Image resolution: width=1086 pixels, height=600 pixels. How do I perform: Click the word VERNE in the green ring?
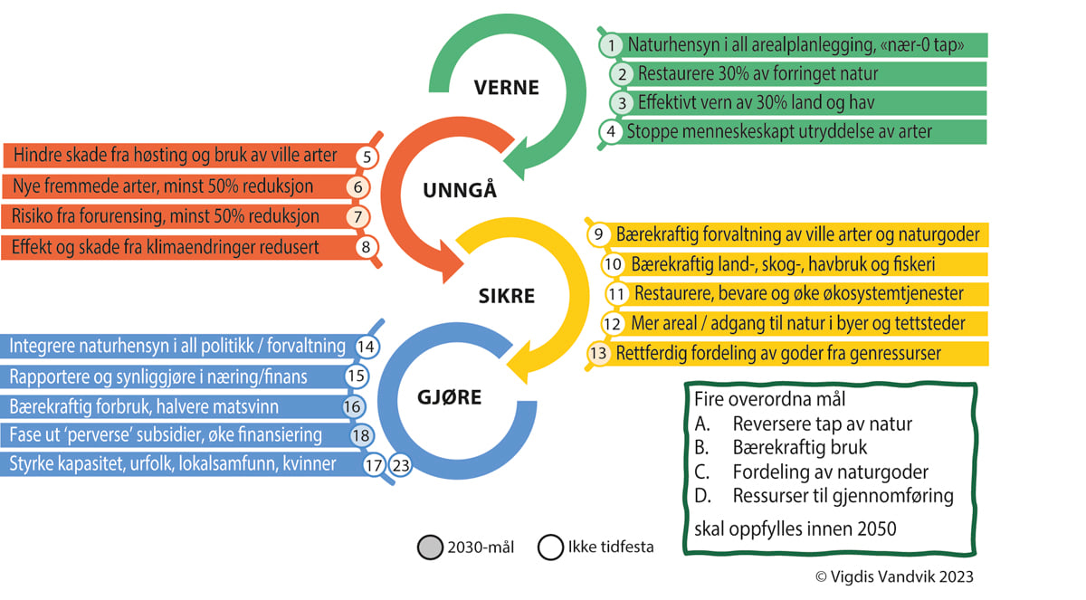coord(506,88)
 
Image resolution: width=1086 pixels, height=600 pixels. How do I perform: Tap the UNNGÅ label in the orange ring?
coord(460,191)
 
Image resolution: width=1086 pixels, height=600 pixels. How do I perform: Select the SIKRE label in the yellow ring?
coord(506,296)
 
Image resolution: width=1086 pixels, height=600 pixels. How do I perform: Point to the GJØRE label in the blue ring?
coord(449,396)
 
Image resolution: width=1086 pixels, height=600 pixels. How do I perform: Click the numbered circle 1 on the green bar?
coord(613,44)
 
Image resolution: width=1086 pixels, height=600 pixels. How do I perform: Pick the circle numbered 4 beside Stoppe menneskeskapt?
coord(612,131)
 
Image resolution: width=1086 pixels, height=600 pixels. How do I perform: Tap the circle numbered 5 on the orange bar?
coord(367,157)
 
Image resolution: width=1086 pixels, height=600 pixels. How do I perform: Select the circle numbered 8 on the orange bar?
coord(366,246)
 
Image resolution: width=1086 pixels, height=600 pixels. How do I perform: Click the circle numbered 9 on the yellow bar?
coord(599,234)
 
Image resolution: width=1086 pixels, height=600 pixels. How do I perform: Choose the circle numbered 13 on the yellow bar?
coord(598,353)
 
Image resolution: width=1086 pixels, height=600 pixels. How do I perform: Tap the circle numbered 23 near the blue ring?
coord(401,466)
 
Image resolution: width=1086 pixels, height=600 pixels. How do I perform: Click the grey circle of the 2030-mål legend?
coord(430,547)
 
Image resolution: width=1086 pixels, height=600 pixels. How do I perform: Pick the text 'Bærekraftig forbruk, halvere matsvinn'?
coord(144,406)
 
